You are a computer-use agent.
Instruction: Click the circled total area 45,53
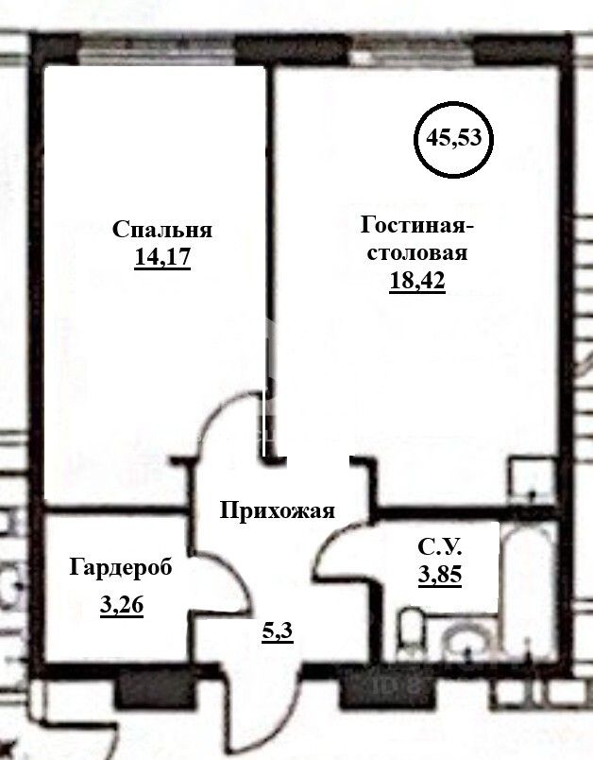tap(453, 138)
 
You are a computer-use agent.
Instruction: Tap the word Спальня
tap(162, 230)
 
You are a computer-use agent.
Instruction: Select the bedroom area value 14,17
tap(163, 257)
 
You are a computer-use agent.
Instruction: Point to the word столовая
tap(416, 252)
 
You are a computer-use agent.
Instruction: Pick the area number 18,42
tap(416, 280)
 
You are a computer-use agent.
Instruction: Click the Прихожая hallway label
tap(278, 511)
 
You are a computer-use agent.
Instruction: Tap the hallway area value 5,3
tap(278, 630)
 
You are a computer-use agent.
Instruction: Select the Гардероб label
tap(121, 567)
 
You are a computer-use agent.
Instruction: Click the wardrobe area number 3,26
tap(121, 605)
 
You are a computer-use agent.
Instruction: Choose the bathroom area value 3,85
tap(440, 573)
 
